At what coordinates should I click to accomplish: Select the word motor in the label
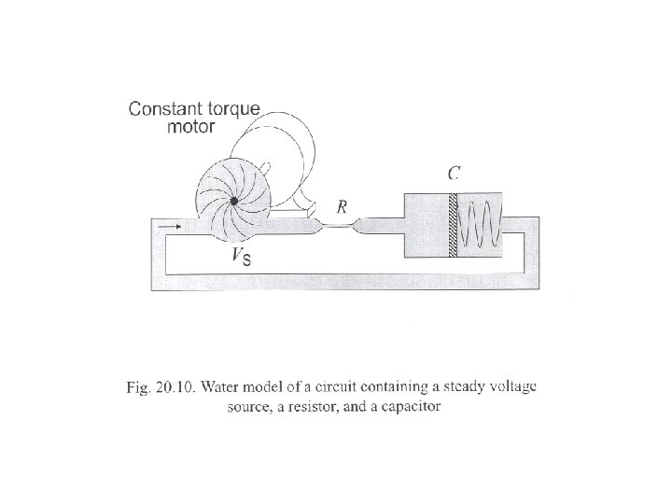pos(190,127)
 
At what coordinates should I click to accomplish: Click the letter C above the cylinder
pos(453,174)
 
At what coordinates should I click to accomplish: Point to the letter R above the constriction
pos(343,208)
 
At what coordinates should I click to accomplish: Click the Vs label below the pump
pos(241,257)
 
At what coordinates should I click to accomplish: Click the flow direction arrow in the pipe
pos(171,226)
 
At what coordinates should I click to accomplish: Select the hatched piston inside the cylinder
pos(453,227)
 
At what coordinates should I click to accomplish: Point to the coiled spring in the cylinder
pos(482,227)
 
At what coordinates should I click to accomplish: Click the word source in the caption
pos(251,407)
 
